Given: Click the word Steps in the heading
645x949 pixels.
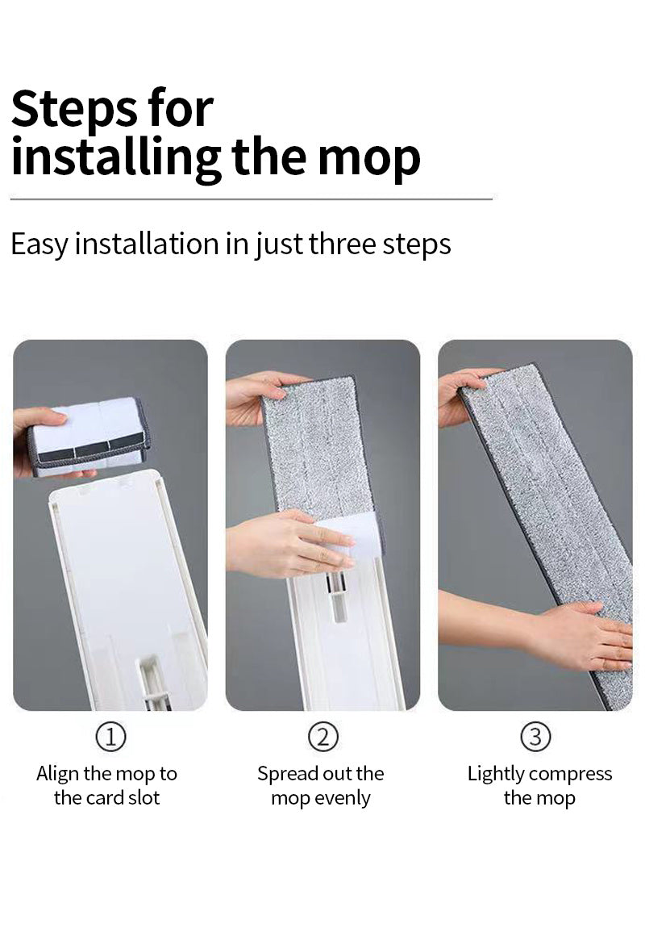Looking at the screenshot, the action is [73, 109].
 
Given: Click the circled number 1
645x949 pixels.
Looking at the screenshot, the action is [110, 737].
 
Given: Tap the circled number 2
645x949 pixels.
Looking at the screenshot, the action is [322, 737].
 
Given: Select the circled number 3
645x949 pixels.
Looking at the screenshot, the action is [535, 737].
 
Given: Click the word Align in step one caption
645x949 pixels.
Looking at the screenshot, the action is [57, 774].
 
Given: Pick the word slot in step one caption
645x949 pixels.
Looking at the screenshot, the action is [144, 797].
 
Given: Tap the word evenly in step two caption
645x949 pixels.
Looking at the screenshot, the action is [342, 799].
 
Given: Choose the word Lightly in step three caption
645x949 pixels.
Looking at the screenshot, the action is [496, 774].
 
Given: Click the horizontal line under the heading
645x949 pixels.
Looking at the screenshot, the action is [252, 199].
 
